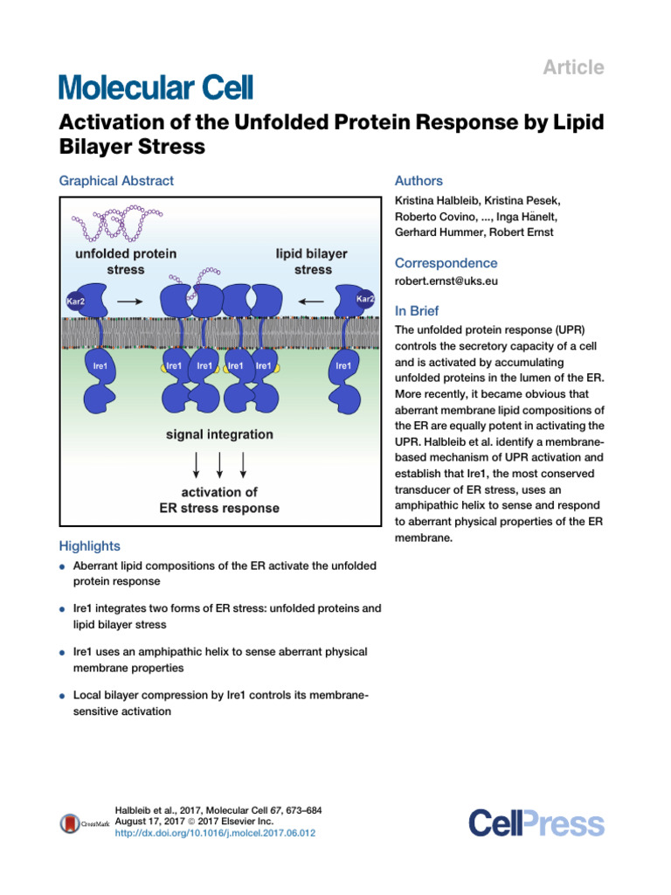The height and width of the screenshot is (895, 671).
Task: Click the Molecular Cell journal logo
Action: [x=156, y=88]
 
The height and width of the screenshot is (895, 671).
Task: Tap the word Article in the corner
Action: [x=573, y=67]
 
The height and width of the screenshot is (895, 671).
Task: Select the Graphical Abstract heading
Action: [x=116, y=181]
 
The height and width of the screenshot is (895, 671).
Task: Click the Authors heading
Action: [x=419, y=181]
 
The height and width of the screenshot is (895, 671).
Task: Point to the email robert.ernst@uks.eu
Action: [x=446, y=281]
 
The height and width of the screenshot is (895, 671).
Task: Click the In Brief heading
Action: [x=417, y=311]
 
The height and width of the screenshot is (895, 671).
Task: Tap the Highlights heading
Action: [x=90, y=546]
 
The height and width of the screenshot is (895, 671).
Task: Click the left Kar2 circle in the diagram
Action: [x=75, y=301]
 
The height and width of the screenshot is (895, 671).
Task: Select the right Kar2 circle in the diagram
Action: [x=365, y=299]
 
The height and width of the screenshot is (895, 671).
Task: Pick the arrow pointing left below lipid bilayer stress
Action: [x=311, y=302]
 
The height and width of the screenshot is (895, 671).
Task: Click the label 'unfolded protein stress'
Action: [x=126, y=261]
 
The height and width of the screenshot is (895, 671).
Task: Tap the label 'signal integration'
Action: [x=219, y=434]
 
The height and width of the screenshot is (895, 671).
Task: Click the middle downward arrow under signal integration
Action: [x=219, y=465]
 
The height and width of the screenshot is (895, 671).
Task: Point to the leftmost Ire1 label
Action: [x=100, y=366]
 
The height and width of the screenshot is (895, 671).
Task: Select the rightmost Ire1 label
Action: [x=343, y=366]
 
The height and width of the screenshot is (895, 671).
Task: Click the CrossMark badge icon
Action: [x=70, y=823]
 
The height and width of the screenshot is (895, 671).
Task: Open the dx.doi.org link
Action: [x=215, y=833]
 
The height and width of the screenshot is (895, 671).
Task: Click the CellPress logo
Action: [x=536, y=823]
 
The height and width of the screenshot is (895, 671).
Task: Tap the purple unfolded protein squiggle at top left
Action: [x=116, y=223]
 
